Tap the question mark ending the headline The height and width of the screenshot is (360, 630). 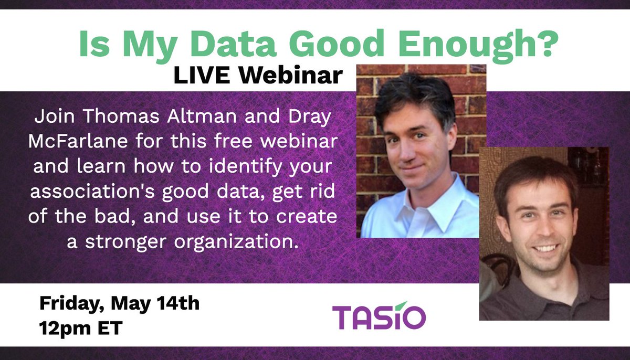point(541,45)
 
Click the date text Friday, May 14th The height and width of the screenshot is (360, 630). point(119,304)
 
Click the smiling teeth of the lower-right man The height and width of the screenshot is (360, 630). point(544,248)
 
